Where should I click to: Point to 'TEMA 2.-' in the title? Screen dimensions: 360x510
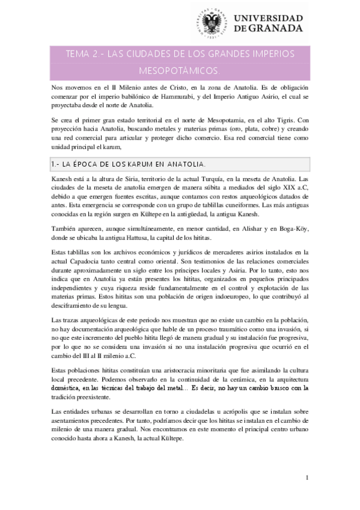click(82, 54)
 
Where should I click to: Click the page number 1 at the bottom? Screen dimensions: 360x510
click(307, 479)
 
